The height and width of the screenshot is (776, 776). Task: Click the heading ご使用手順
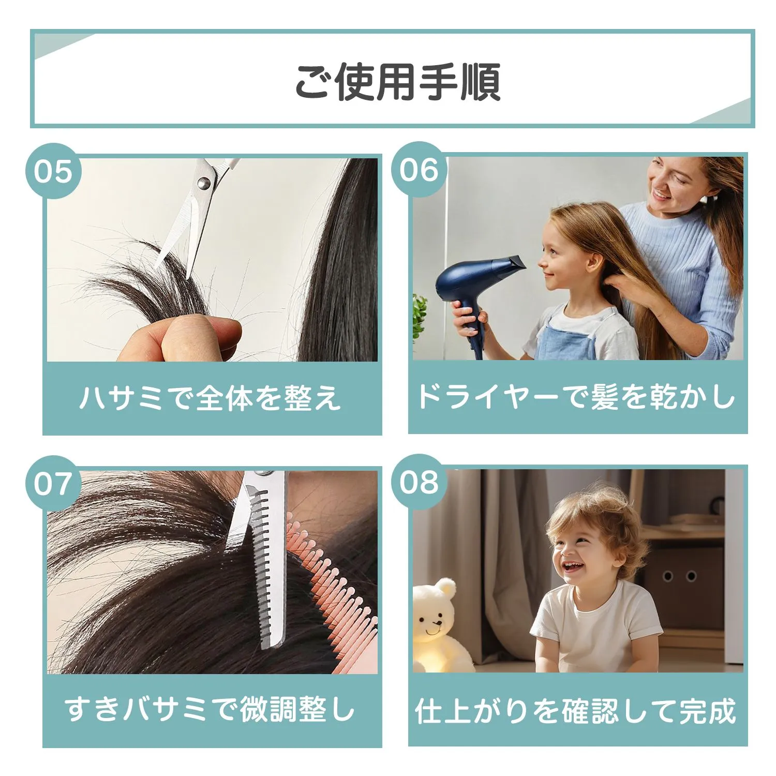tap(397, 81)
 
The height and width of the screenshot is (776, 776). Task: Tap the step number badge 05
tap(53, 171)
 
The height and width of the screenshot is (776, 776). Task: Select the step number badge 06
tap(419, 170)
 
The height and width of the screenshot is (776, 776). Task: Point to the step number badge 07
tap(53, 483)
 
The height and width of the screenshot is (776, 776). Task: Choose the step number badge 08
tap(419, 482)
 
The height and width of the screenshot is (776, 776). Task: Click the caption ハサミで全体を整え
tap(211, 398)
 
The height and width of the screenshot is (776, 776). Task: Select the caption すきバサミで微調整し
tap(210, 709)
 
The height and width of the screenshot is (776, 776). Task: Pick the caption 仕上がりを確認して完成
tap(576, 710)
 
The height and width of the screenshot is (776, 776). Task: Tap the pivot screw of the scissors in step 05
tap(204, 182)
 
